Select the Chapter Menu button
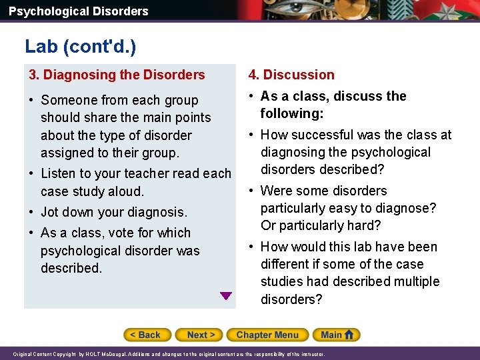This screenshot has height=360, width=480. click(x=267, y=335)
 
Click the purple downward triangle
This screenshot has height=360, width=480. click(x=226, y=296)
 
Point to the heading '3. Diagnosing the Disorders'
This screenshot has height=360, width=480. click(x=117, y=75)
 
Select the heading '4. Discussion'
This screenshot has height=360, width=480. click(x=291, y=75)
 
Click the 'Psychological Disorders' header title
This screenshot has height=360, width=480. click(x=79, y=11)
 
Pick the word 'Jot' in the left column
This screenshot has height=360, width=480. click(x=51, y=212)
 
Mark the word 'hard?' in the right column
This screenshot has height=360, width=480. click(x=363, y=225)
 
